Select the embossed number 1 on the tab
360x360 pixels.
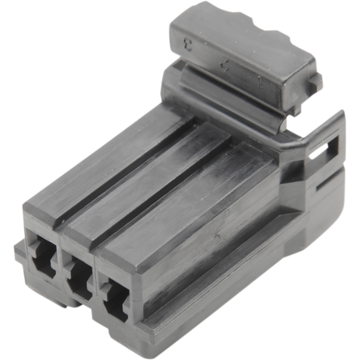pyautogui.click(x=260, y=82)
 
